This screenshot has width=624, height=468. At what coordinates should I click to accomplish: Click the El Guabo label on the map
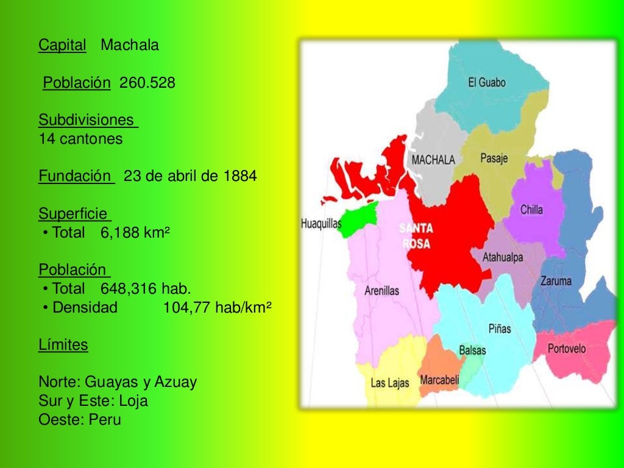pos(486,83)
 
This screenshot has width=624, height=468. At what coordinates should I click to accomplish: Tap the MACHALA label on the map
pos(433,160)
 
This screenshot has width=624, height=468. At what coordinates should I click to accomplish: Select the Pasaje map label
pos(494,158)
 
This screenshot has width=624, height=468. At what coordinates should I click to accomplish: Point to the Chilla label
pos(531,210)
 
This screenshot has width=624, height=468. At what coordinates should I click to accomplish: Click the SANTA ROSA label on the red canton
pos(416,236)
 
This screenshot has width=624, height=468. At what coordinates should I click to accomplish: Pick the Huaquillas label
pos(321,224)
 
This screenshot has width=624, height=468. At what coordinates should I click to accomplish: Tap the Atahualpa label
pos(503,258)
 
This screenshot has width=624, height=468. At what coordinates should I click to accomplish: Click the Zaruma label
pos(556,281)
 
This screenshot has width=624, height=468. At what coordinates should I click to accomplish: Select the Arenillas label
pos(381,291)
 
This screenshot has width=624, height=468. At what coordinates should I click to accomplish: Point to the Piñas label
pos(500,328)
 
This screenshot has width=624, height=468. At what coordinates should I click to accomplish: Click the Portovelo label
pos(567,349)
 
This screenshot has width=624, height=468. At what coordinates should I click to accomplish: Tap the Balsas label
pos(472,351)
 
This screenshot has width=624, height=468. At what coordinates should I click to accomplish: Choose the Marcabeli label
pos(439,380)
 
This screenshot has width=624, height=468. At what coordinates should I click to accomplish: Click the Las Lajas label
pos(390,383)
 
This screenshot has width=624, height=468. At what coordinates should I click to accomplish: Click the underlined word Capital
pos(62,45)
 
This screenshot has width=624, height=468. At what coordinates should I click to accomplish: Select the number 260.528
pos(147,82)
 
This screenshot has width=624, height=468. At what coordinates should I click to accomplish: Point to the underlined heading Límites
pos(63,346)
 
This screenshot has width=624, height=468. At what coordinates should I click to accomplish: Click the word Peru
pos(105,420)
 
